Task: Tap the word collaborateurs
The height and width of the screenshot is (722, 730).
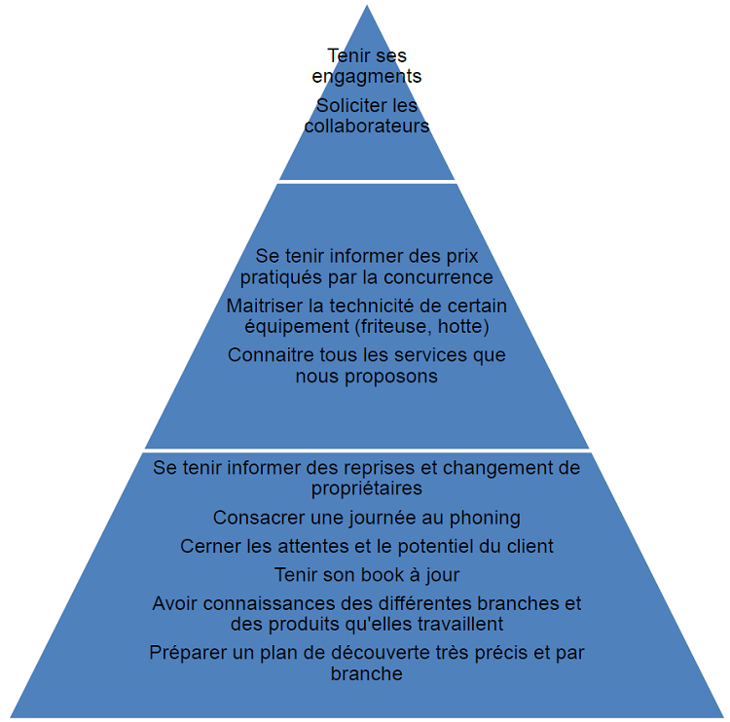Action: (367, 126)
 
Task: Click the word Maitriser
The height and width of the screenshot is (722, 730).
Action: (264, 306)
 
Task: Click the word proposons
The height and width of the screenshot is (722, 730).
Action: (392, 376)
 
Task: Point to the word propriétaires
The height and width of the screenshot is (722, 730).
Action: (367, 487)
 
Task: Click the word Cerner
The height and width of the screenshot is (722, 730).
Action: (207, 546)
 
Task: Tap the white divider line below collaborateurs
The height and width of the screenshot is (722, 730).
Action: (367, 181)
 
